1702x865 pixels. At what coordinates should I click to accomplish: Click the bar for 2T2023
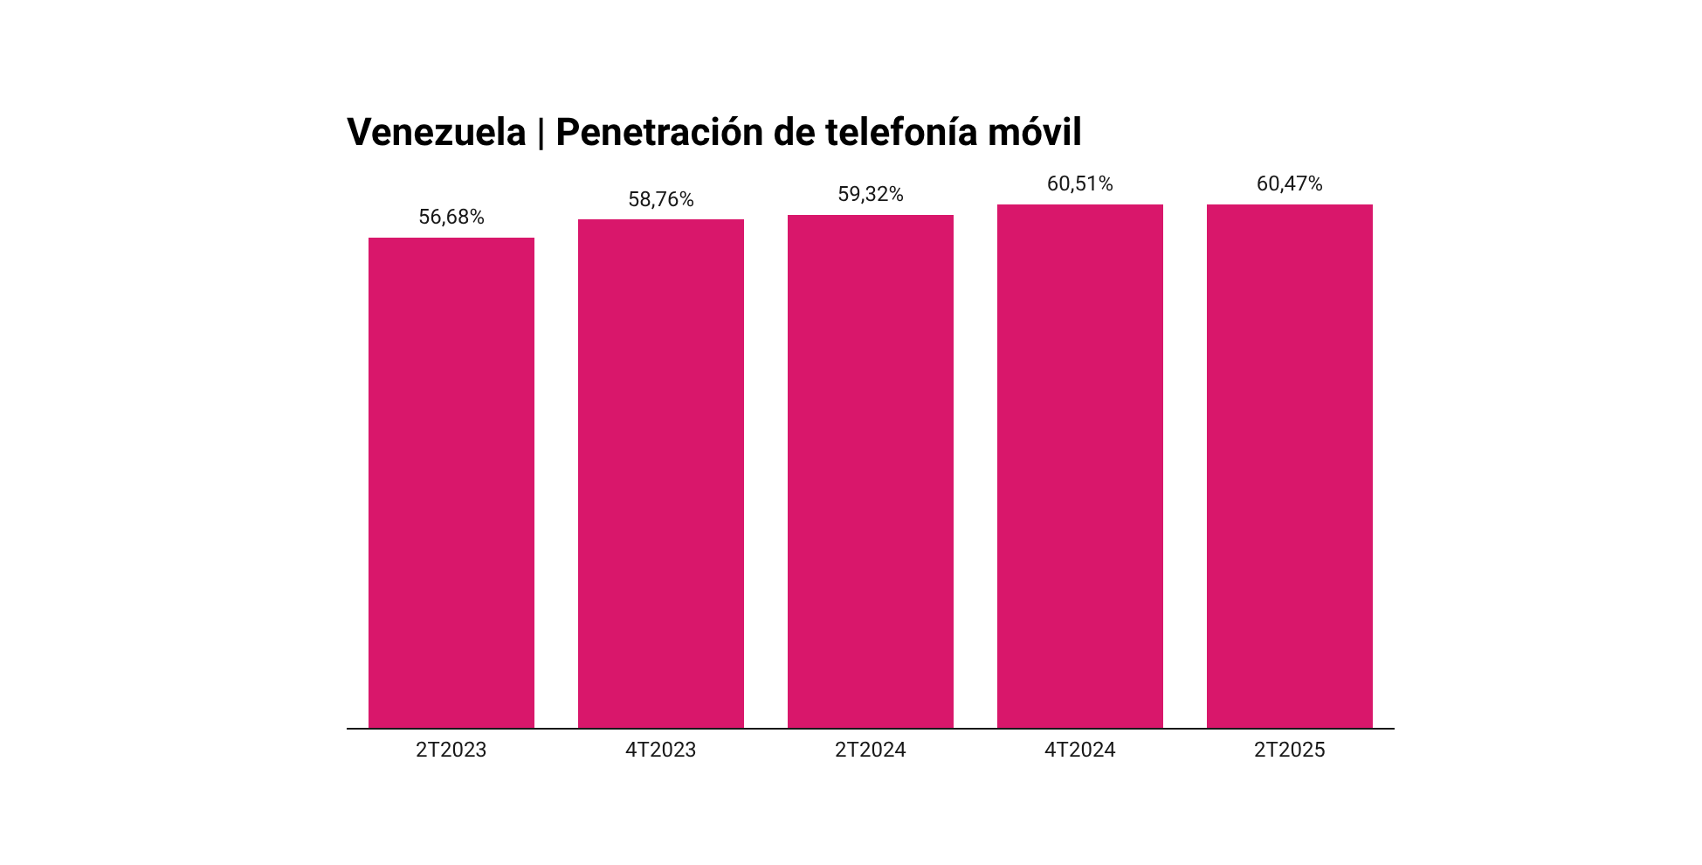point(451,482)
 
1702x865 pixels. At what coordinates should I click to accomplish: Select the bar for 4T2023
point(660,474)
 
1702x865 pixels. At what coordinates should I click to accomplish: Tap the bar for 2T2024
point(870,471)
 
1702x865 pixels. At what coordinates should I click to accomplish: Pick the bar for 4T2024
point(1079,466)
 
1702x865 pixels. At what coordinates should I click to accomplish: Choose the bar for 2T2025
point(1289,466)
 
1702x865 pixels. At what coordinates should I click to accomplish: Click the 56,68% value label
point(451,217)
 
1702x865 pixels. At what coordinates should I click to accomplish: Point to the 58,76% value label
point(660,199)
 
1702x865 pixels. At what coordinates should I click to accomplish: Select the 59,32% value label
point(870,194)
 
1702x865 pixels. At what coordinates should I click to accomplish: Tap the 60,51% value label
point(1079,183)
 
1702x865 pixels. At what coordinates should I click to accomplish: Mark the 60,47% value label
point(1289,183)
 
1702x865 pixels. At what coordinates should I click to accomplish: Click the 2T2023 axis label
point(451,750)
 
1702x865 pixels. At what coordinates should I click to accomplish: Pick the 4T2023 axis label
point(660,750)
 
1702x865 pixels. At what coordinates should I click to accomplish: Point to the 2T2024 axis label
point(870,750)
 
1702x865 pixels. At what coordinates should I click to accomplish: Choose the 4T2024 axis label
point(1079,750)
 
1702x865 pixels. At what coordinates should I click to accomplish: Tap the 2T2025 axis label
point(1289,750)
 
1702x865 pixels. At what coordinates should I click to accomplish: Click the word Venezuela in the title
point(436,133)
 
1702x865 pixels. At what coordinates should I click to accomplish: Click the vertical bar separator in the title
point(541,133)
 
